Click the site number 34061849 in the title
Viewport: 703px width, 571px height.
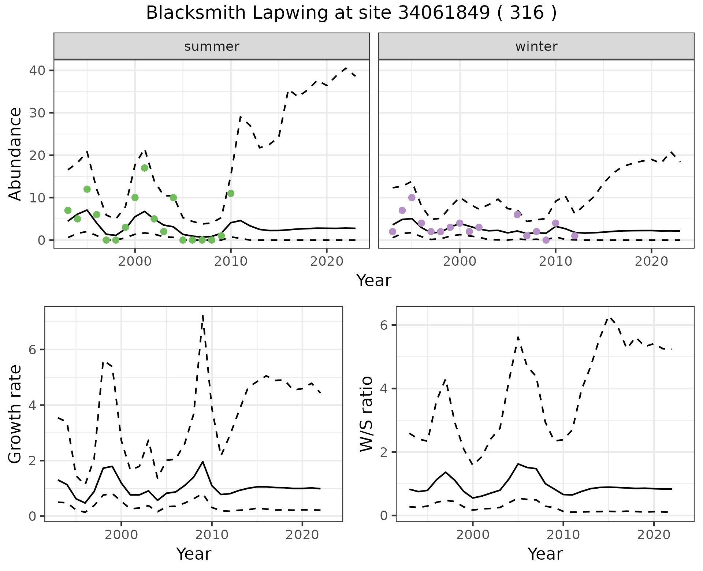tap(443, 13)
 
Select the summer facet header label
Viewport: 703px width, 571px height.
tap(212, 46)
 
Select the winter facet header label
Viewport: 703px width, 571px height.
tap(536, 46)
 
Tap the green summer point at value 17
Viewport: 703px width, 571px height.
tap(145, 168)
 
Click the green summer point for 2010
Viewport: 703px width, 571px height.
tap(231, 193)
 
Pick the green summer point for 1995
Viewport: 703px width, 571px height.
tap(87, 189)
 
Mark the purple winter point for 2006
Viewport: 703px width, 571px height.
tap(517, 214)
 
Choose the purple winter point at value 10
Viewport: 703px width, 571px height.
tap(412, 198)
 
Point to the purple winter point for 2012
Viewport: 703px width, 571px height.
tap(574, 236)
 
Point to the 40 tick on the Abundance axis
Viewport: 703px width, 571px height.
tap(36, 70)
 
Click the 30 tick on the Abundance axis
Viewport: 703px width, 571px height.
tap(36, 113)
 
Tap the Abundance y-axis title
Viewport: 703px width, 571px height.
tap(15, 154)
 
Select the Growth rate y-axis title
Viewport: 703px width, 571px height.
tap(15, 414)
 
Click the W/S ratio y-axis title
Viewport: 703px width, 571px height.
tap(367, 414)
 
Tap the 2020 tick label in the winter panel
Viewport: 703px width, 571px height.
tap(651, 262)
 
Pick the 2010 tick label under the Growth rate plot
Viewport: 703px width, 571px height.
tap(212, 535)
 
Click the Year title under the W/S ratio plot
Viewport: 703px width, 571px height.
tap(545, 554)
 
